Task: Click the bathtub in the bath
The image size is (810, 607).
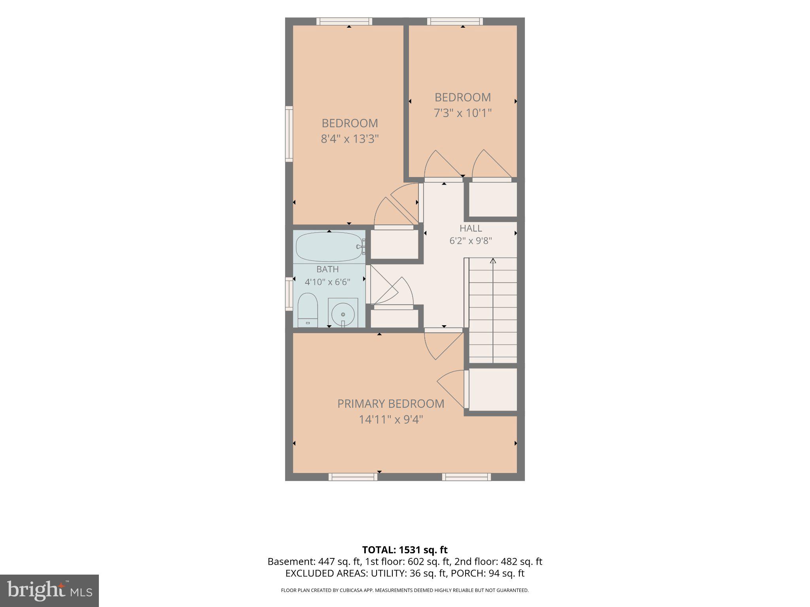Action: coord(329,247)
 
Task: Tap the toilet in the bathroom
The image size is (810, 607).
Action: coord(308,310)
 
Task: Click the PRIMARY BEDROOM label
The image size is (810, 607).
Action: coord(391,403)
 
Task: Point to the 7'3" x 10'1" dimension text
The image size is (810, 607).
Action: coord(463,113)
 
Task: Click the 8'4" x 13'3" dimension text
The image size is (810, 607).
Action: coord(350,139)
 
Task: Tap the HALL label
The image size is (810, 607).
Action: coord(471,228)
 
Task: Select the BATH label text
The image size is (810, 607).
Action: coord(327,269)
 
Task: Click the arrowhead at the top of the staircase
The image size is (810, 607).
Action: coord(493,261)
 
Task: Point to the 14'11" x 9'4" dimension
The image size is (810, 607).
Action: coord(391,419)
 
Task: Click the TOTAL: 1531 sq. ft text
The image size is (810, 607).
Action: coord(405,550)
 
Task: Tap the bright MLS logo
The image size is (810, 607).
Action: coord(49,591)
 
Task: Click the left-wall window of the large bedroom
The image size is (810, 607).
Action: coord(289,134)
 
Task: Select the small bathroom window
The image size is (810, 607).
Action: coord(289,294)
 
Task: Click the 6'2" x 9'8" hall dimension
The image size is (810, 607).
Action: coord(471,241)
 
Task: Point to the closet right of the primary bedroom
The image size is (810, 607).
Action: coord(493,390)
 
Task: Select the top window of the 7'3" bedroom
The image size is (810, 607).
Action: coord(455,21)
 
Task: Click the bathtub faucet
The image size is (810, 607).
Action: coord(360,247)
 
